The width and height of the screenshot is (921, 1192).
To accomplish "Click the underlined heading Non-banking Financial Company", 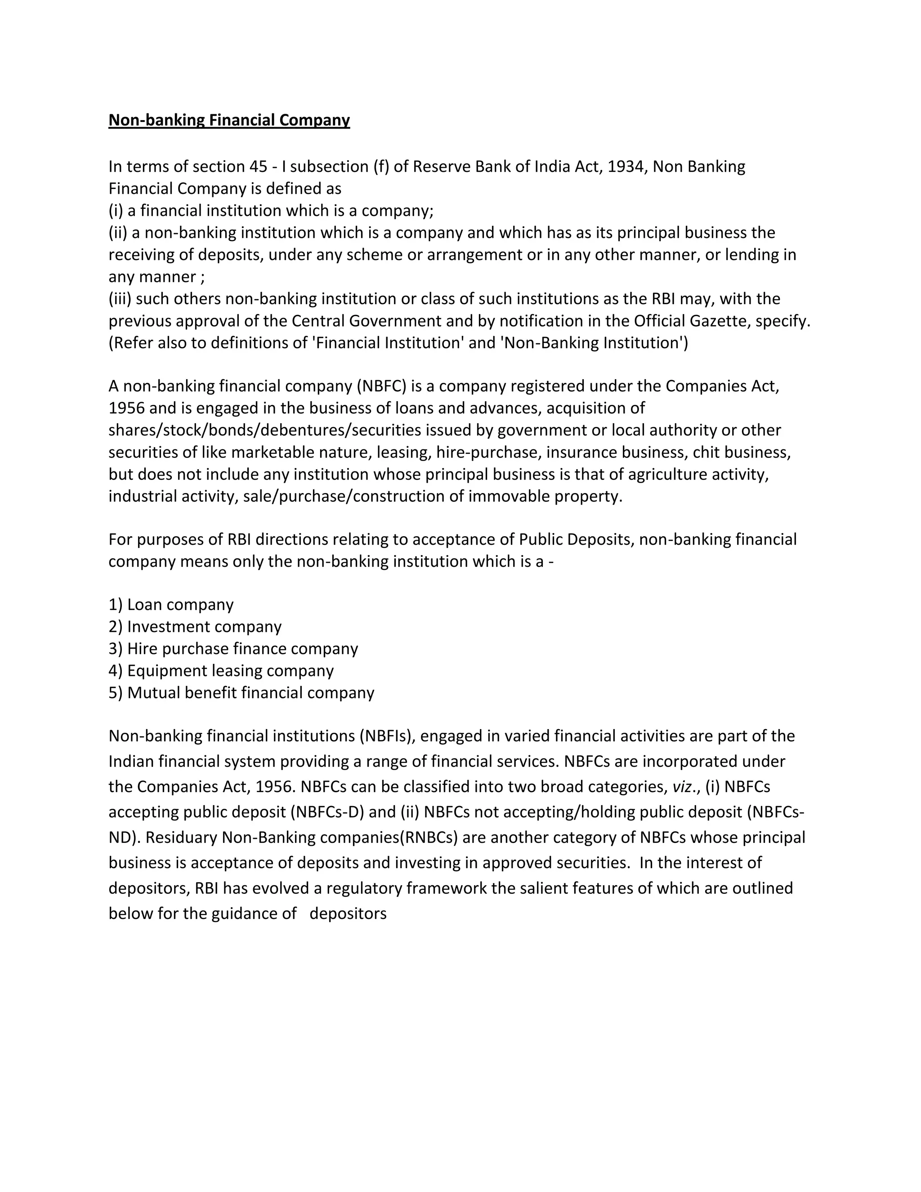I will click(x=229, y=120).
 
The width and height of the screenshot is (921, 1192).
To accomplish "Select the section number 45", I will click(x=258, y=166).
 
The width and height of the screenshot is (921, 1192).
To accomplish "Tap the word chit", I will click(x=703, y=453).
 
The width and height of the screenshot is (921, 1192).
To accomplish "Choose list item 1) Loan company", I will click(x=171, y=605).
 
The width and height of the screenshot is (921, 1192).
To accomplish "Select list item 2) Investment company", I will click(x=195, y=627).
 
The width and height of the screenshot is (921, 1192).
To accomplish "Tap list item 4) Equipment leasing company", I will click(x=221, y=671).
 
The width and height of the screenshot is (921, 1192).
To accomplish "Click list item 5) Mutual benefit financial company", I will click(x=241, y=693).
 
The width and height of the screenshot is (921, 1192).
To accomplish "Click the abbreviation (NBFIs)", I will click(x=387, y=736).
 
